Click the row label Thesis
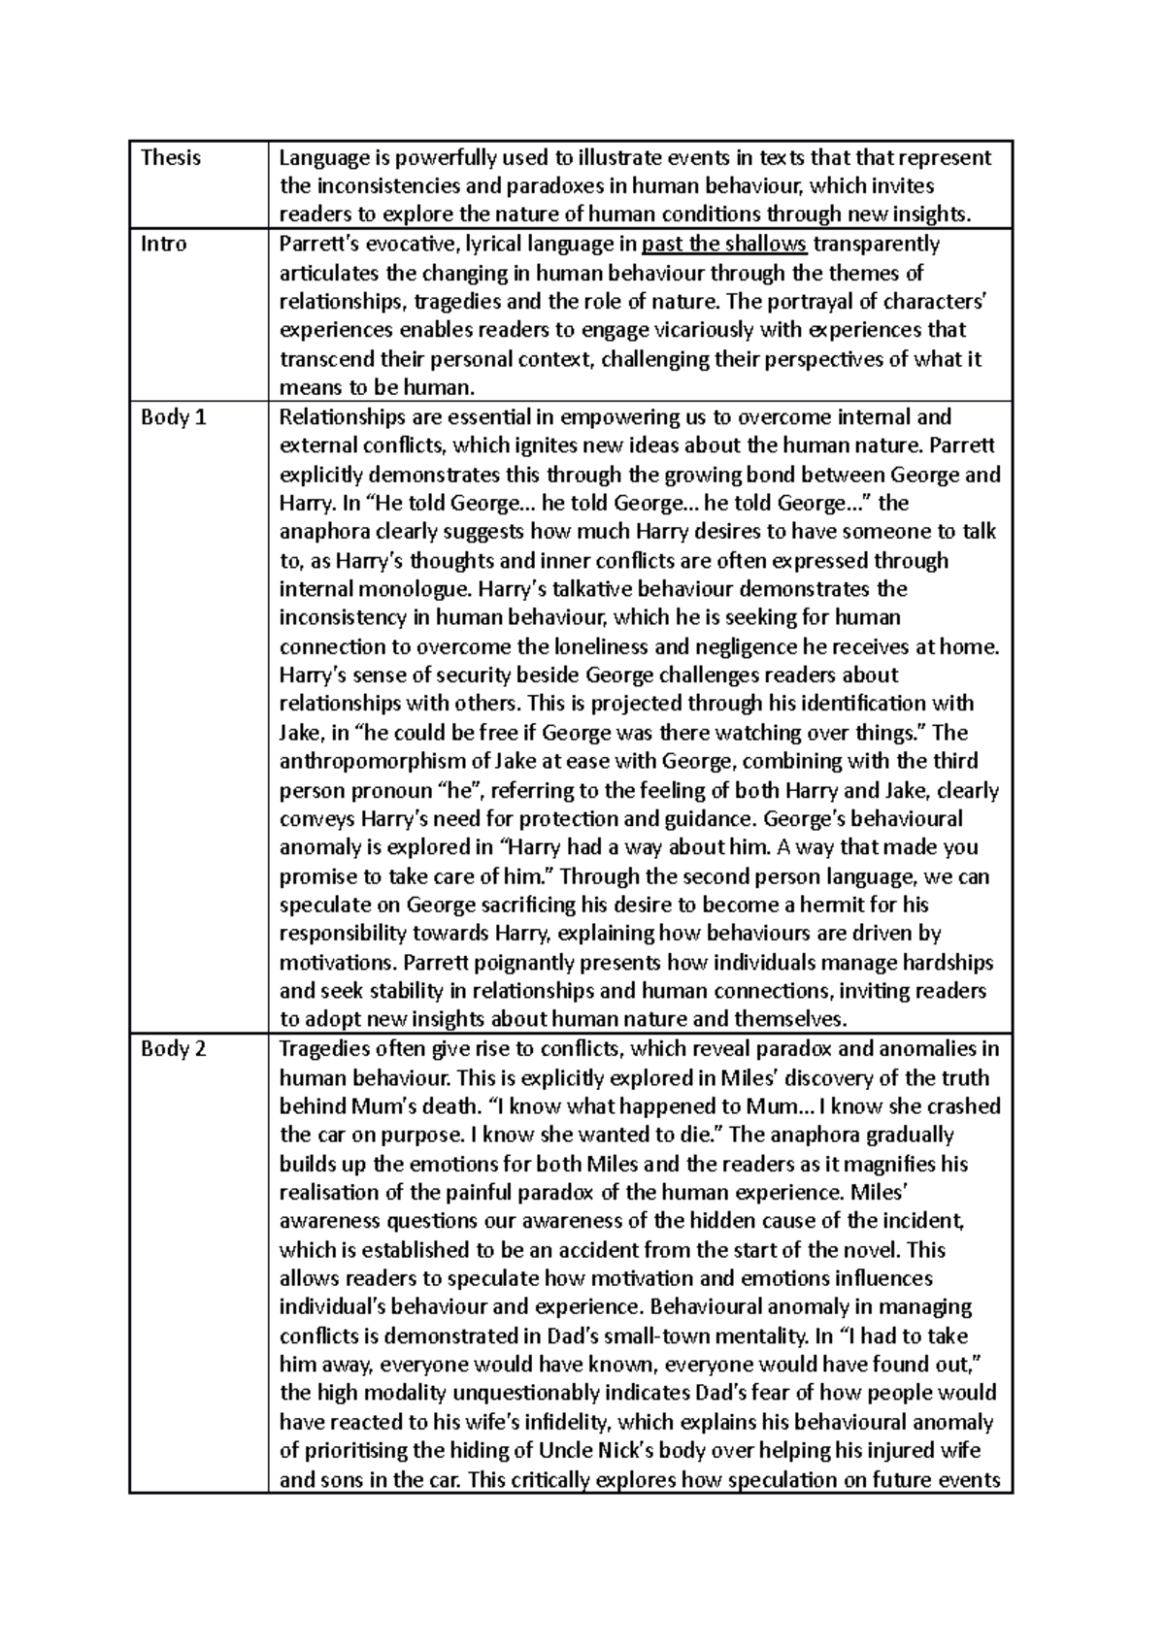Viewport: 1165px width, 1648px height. (171, 158)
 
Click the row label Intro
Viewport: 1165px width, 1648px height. (164, 244)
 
